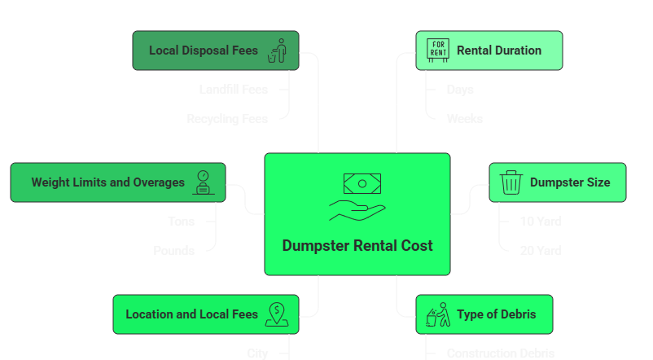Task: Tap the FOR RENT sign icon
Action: coord(438,50)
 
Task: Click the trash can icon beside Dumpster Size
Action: coord(511,182)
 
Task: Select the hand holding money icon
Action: coord(357,197)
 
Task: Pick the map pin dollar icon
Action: coord(278,314)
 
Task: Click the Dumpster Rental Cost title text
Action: coord(357,245)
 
